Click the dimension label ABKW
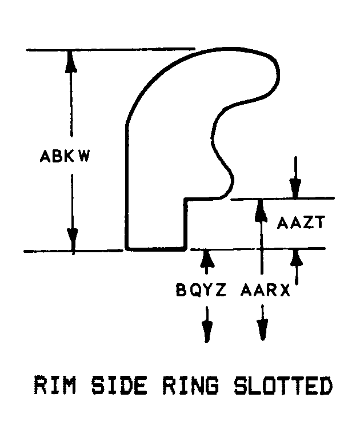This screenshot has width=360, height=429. (x=63, y=156)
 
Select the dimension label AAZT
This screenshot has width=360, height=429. (x=301, y=223)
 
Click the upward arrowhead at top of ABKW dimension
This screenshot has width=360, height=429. (x=71, y=59)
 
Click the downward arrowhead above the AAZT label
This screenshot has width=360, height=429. (x=295, y=188)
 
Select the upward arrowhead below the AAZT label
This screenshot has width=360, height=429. (x=295, y=260)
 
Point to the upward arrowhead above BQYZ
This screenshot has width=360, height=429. (x=207, y=260)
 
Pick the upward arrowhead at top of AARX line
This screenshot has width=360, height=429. (x=261, y=209)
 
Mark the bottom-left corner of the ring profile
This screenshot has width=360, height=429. (x=127, y=249)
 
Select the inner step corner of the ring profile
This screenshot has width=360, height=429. (x=185, y=199)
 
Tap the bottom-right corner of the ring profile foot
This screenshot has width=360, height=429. (x=185, y=249)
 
